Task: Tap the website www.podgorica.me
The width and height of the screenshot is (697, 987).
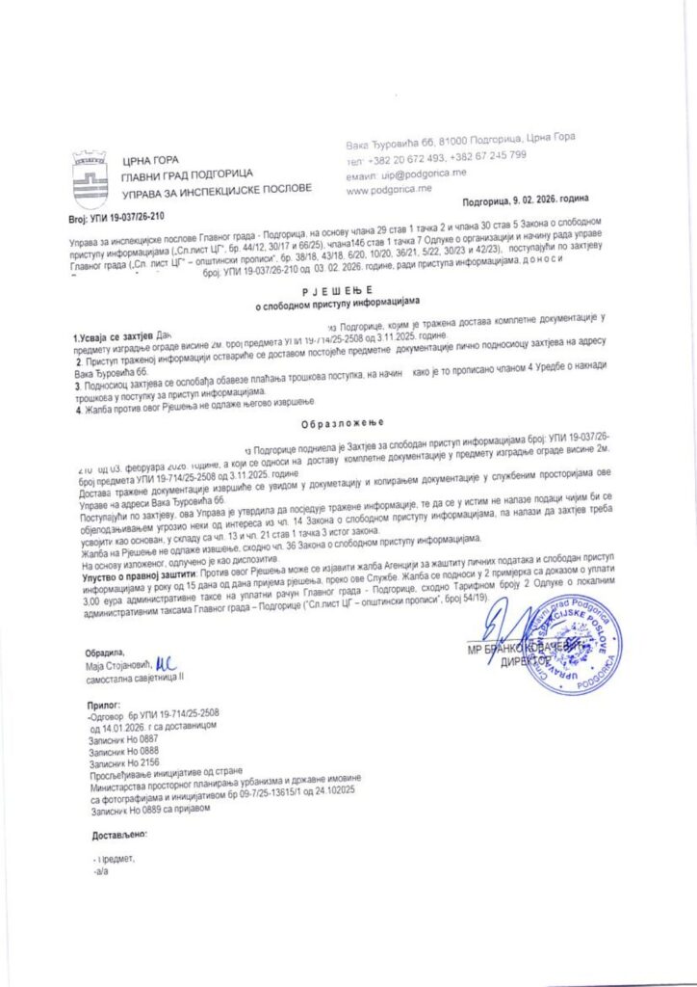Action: (384, 191)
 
